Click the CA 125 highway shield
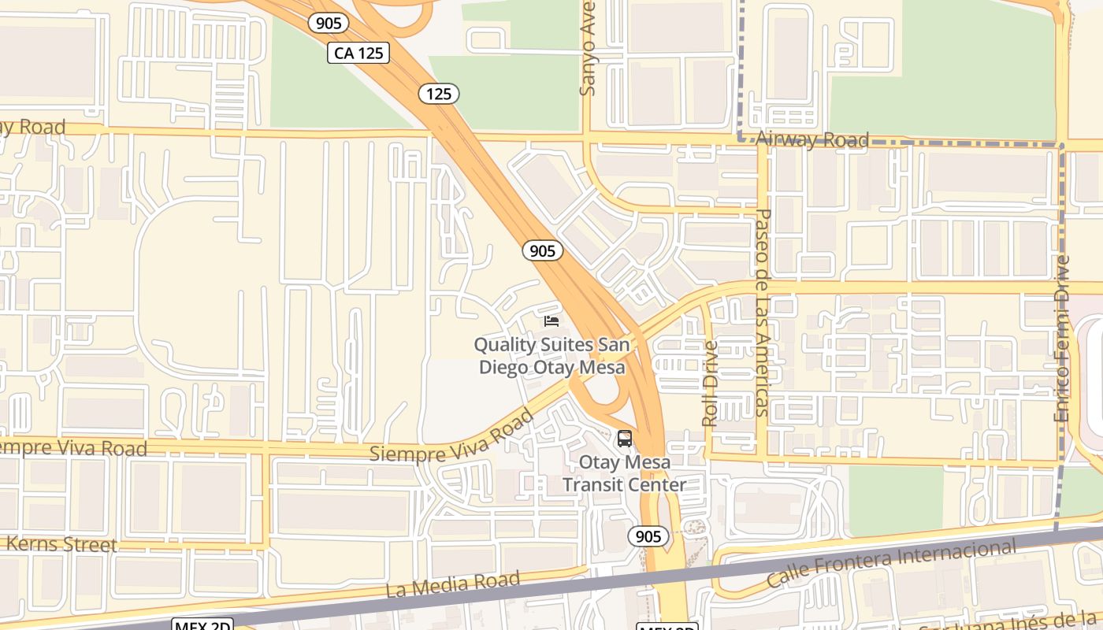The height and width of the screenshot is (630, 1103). point(358,53)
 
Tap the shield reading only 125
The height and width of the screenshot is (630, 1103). point(439,94)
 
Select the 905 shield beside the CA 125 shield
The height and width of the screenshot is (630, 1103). point(328,23)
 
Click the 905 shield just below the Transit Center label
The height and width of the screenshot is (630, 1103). point(648,536)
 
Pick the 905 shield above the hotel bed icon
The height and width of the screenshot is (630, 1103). point(542,250)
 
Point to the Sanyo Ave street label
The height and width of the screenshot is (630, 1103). point(588,49)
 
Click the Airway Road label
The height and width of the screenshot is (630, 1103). point(811,140)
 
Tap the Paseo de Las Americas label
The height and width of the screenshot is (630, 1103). point(761,312)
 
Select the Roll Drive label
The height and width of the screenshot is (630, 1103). point(710,384)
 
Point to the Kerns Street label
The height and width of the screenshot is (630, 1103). point(61,544)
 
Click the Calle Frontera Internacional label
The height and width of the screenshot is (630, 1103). point(890,563)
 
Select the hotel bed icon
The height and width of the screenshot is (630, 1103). point(551,321)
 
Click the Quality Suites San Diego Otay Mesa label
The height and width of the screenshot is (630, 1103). point(551,356)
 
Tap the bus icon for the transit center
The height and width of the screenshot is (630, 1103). point(625,439)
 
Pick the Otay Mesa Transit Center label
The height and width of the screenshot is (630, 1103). point(624,473)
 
